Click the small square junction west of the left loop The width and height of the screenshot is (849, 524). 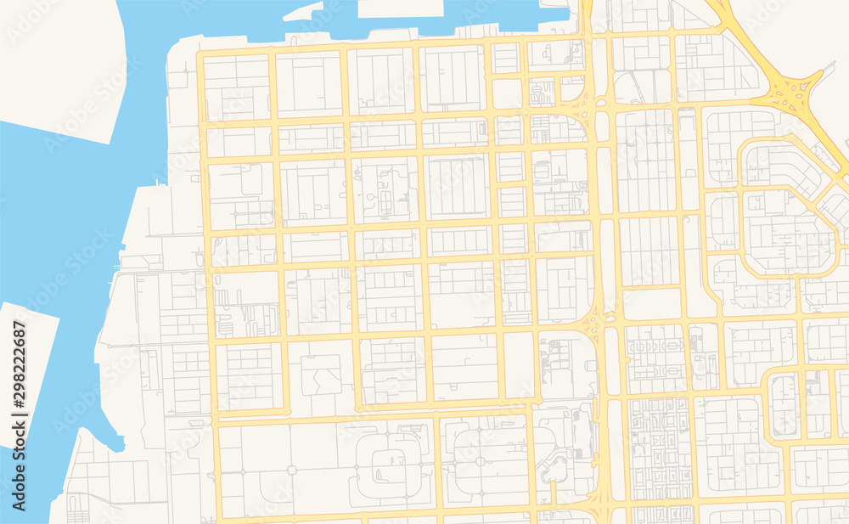(x=290, y=470)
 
